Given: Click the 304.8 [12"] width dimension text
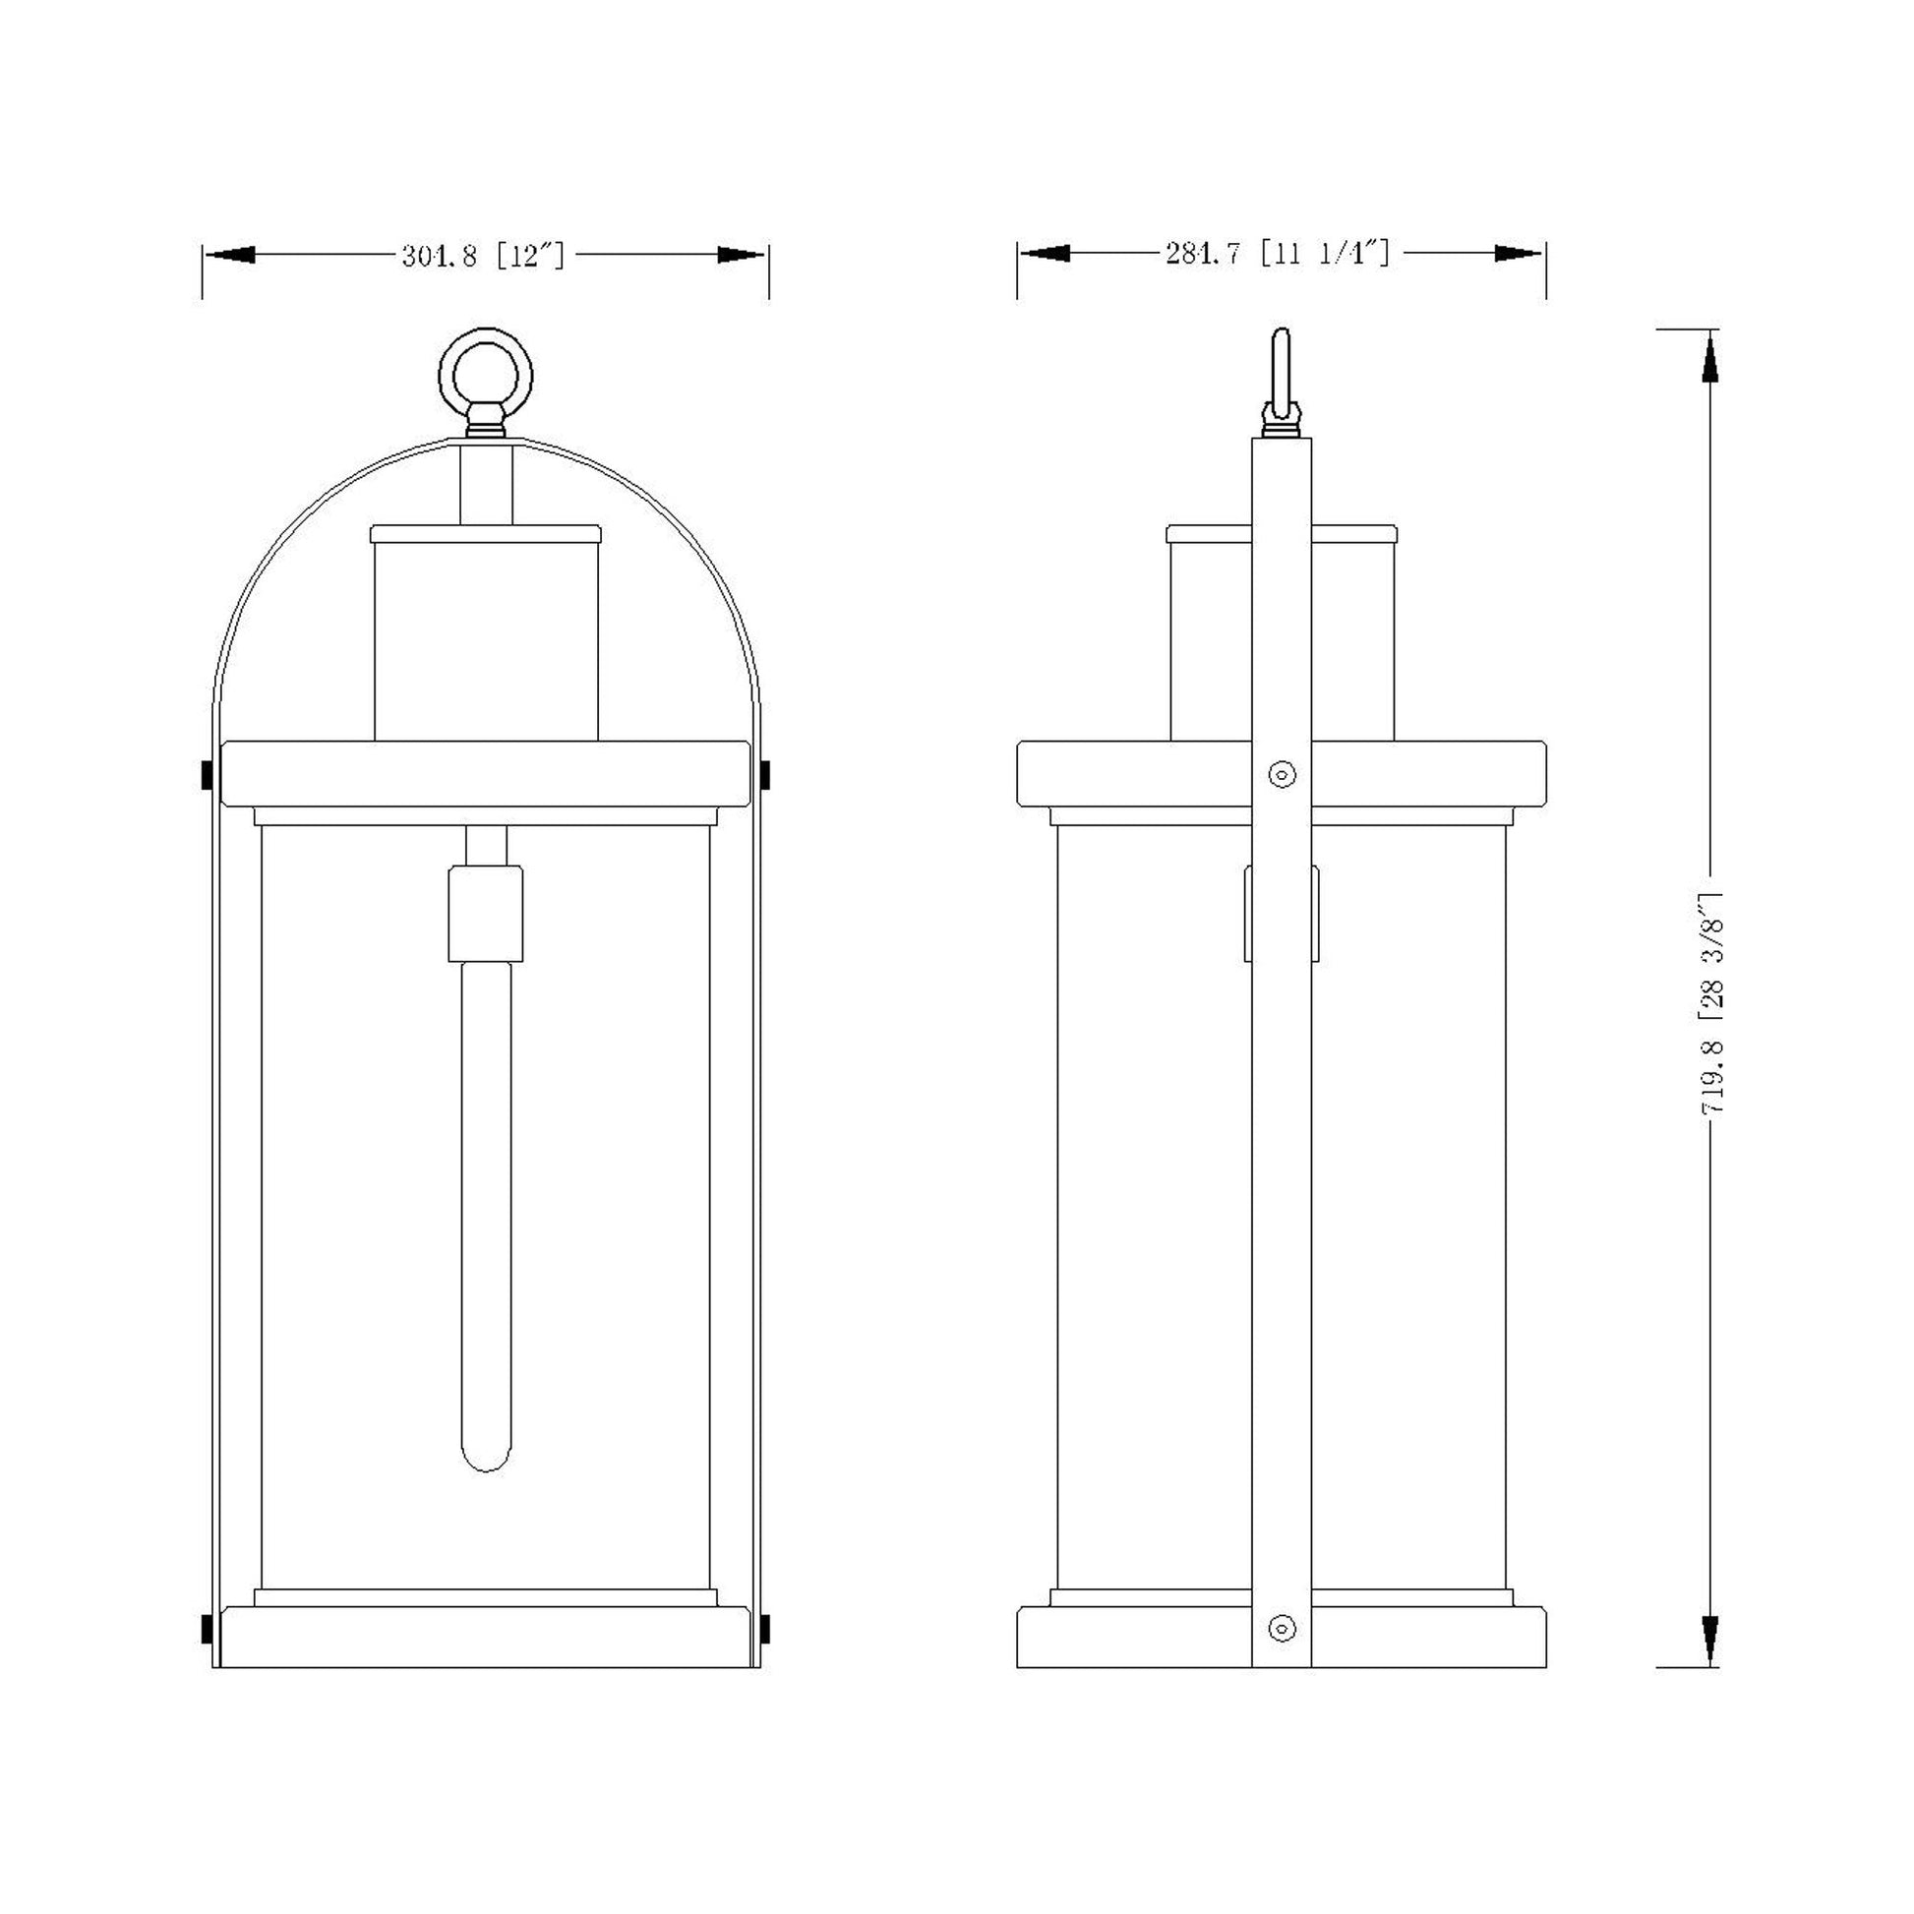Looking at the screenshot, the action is [x=483, y=257].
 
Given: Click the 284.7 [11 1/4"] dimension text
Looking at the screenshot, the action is [x=1277, y=254].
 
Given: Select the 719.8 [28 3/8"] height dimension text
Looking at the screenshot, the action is [x=1712, y=1002].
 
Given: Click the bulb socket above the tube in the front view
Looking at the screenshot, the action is [x=486, y=914].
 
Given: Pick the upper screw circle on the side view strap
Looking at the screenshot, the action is [x=1282, y=774].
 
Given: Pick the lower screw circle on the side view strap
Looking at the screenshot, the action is [x=1282, y=1629].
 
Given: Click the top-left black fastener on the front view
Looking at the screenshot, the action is [x=208, y=775].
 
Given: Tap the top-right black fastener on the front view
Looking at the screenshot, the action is [x=765, y=775].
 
